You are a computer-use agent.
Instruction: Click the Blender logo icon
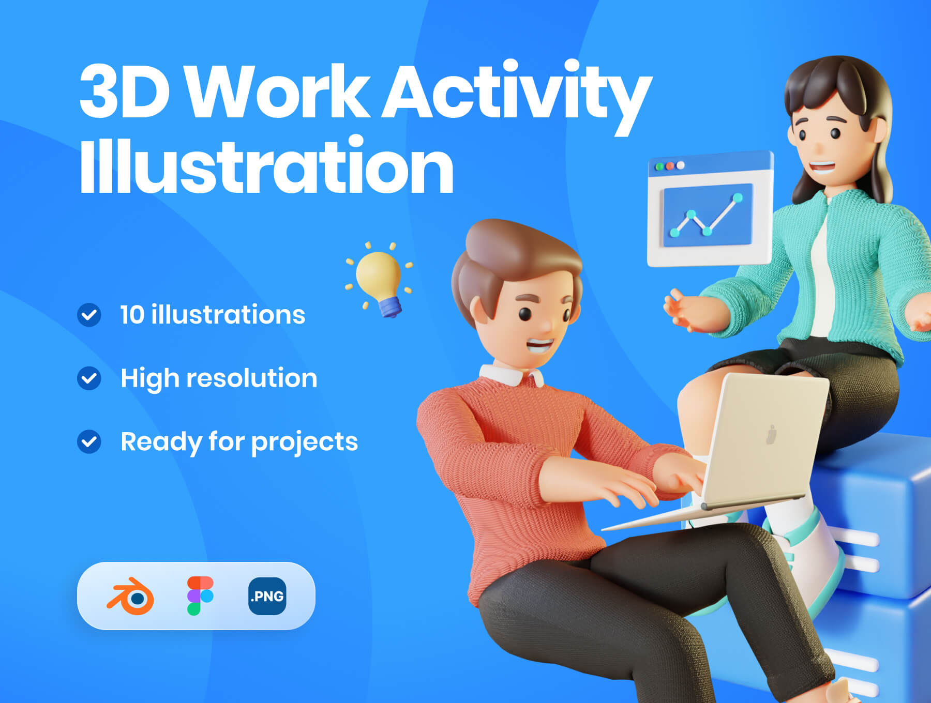coord(131,596)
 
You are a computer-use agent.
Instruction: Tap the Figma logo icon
coord(200,595)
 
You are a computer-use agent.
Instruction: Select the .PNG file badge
coord(267,596)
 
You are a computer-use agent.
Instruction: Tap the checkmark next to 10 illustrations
coord(89,315)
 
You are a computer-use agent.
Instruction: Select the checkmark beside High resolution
coord(89,378)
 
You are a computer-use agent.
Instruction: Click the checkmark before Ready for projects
coord(89,441)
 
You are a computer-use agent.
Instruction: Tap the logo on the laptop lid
coord(771,435)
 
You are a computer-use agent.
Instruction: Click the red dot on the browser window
coord(670,166)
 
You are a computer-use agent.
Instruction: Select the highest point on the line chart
coord(738,197)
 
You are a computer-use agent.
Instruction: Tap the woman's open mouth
coord(822,167)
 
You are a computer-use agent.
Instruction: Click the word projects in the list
coord(305,442)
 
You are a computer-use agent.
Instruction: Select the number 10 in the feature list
coord(132,315)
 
